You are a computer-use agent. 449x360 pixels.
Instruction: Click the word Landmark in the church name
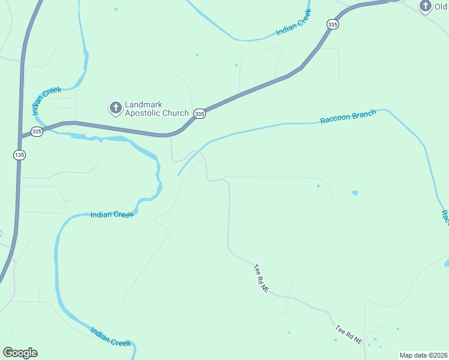tap(143, 104)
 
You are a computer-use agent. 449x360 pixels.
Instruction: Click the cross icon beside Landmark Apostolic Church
tap(115, 108)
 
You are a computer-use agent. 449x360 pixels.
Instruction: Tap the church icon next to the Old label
tap(426, 6)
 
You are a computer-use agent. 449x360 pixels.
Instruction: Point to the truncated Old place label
tap(442, 7)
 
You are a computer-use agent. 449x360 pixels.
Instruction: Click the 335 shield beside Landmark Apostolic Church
tap(200, 113)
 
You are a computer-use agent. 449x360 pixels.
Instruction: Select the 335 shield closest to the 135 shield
tap(37, 131)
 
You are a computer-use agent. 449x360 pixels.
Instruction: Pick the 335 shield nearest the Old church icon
tap(333, 24)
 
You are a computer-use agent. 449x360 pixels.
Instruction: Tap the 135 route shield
tap(19, 155)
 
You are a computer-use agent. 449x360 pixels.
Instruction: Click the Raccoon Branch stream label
tap(348, 116)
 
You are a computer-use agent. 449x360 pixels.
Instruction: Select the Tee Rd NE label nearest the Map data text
tap(349, 334)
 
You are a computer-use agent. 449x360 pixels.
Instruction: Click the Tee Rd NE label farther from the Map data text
tap(261, 279)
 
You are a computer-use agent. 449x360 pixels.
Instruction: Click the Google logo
tap(20, 353)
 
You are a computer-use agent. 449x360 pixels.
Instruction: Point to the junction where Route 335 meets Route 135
tap(20, 136)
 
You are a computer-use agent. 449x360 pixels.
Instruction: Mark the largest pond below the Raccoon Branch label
tap(355, 193)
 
